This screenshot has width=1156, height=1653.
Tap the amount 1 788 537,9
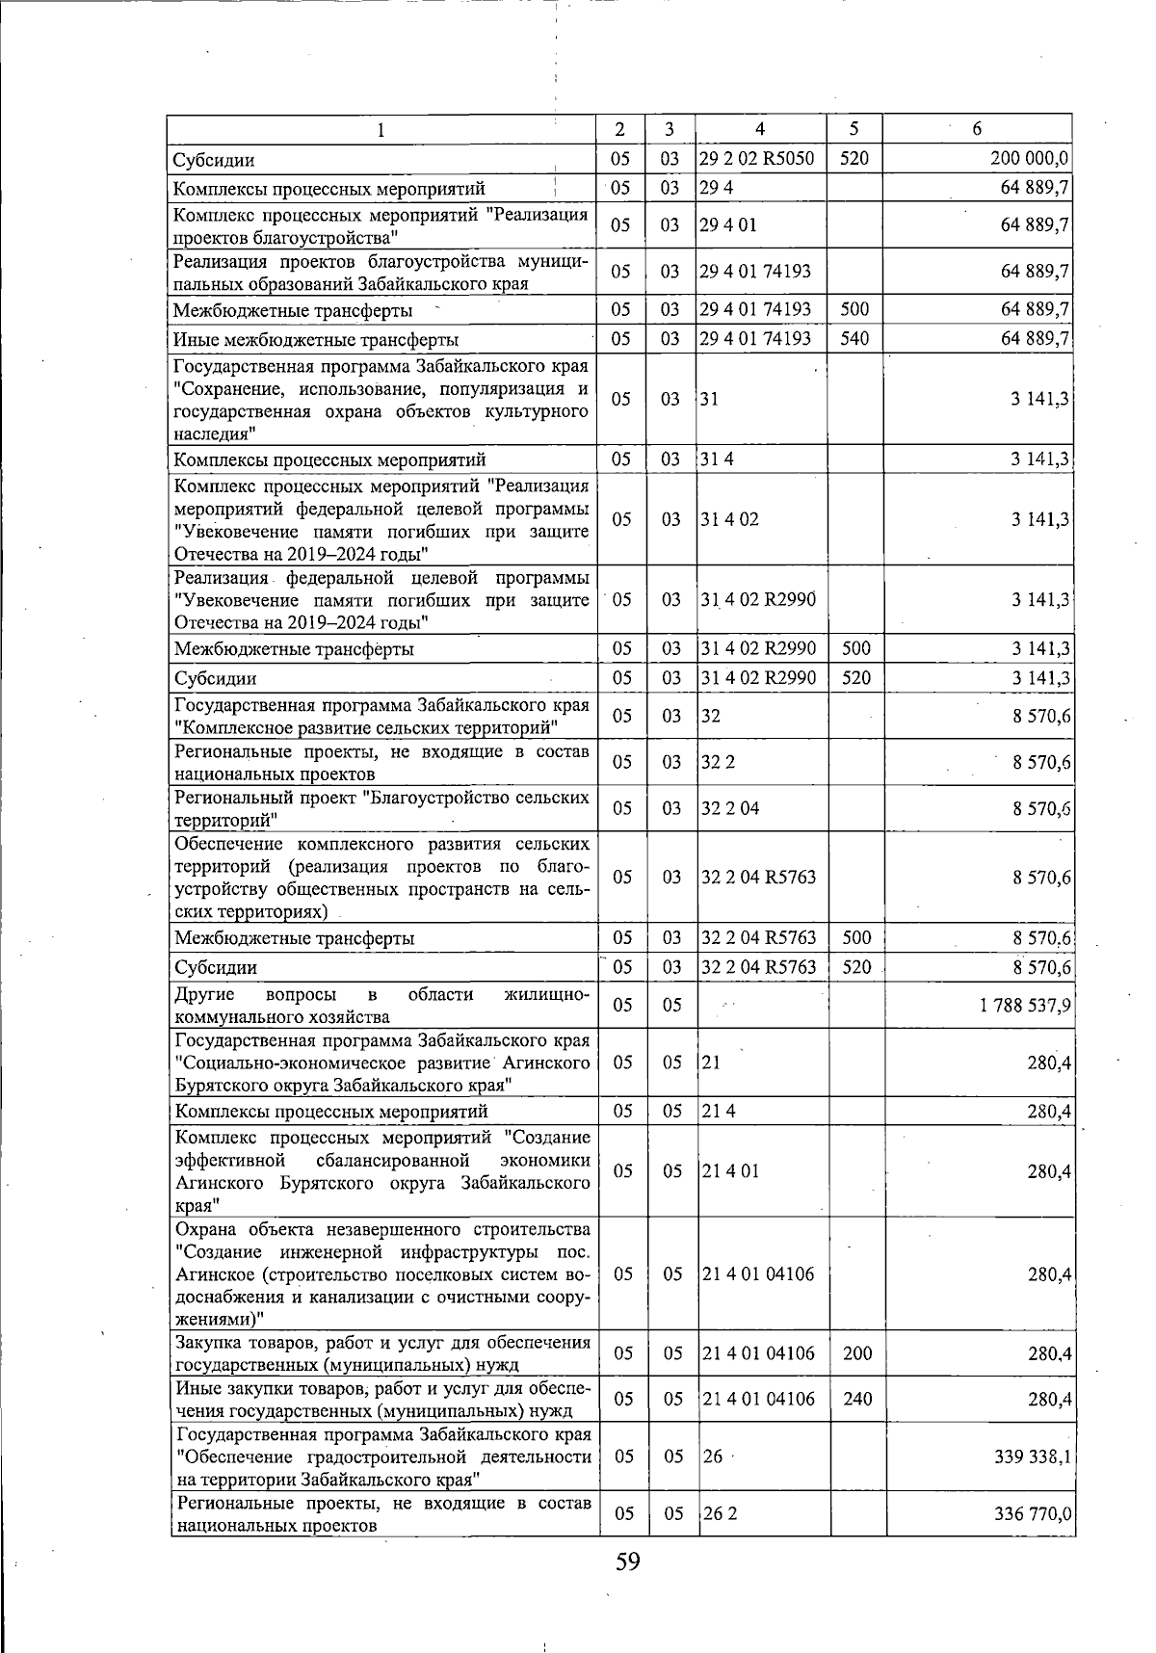[x=1025, y=1006]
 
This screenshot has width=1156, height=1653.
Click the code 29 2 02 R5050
[x=757, y=159]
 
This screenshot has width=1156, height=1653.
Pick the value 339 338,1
[x=1032, y=1456]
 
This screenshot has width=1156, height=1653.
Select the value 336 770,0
[x=1032, y=1514]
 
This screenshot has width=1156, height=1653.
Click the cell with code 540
[x=854, y=339]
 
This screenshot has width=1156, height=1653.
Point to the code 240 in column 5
[x=857, y=1399]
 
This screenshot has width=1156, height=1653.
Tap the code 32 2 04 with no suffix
[x=730, y=808]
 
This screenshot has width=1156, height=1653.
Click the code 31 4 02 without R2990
[x=729, y=519]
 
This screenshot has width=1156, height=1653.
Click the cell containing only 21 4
[x=717, y=1112]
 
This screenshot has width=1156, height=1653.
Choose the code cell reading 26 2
[x=720, y=1513]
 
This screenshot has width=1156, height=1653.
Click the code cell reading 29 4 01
[x=728, y=225]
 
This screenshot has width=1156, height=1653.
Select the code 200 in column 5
[x=857, y=1353]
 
